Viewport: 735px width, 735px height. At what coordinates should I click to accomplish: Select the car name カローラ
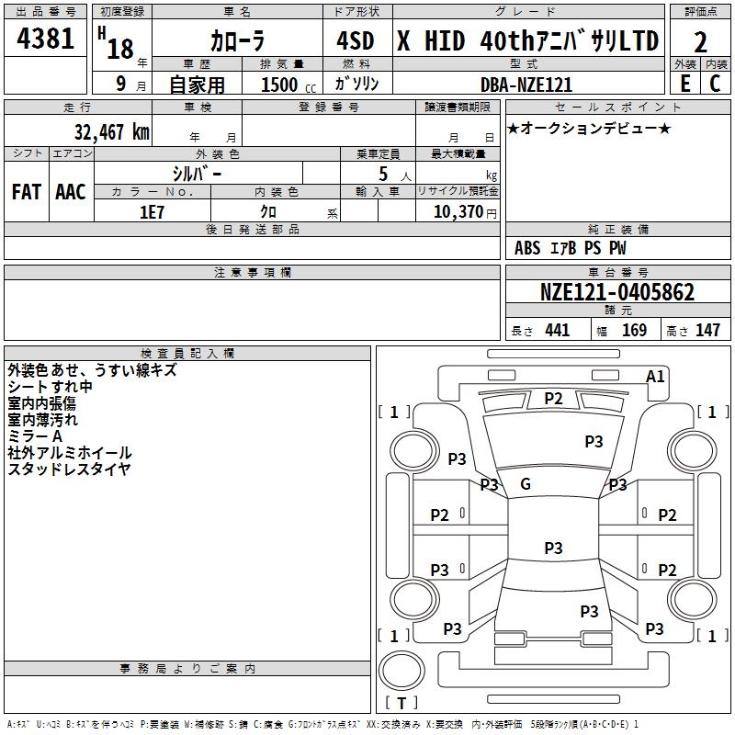[237, 41]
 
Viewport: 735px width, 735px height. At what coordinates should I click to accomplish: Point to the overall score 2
[701, 41]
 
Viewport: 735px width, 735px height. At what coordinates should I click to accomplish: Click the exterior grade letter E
[684, 84]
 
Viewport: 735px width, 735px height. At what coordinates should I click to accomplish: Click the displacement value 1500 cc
[285, 85]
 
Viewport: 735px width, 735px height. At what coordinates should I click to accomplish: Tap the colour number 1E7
[153, 211]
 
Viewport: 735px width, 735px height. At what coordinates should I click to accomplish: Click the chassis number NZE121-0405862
[616, 293]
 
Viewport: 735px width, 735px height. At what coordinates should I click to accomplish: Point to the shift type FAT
[27, 192]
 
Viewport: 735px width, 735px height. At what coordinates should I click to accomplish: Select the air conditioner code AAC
[71, 192]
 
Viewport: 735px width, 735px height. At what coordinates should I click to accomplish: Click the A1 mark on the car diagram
[655, 376]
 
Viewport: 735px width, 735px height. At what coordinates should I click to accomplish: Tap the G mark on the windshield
[526, 484]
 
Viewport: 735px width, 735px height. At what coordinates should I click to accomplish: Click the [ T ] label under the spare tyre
[402, 703]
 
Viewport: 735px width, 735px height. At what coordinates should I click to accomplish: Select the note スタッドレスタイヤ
[69, 469]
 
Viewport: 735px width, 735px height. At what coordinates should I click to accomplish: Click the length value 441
[557, 330]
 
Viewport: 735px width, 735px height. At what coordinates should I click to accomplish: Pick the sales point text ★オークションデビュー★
[588, 128]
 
